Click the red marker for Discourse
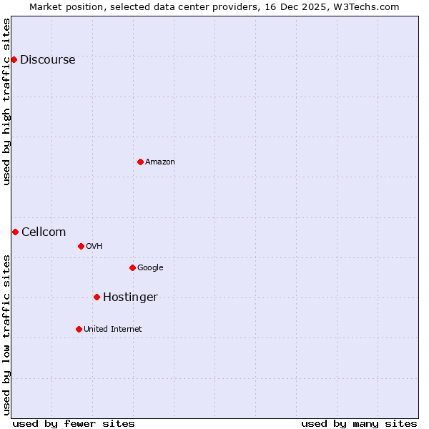14,59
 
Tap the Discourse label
47,60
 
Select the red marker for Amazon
140,162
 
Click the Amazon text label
160,162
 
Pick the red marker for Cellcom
15,232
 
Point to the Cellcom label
44,232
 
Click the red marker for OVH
81,246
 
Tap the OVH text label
94,247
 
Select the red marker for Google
132,267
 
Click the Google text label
150,268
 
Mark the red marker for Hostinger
97,297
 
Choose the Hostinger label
130,297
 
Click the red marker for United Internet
79,329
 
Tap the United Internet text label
112,330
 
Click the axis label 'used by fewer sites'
74,423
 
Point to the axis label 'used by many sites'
359,423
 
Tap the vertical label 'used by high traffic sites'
7,102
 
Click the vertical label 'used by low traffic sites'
7,335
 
